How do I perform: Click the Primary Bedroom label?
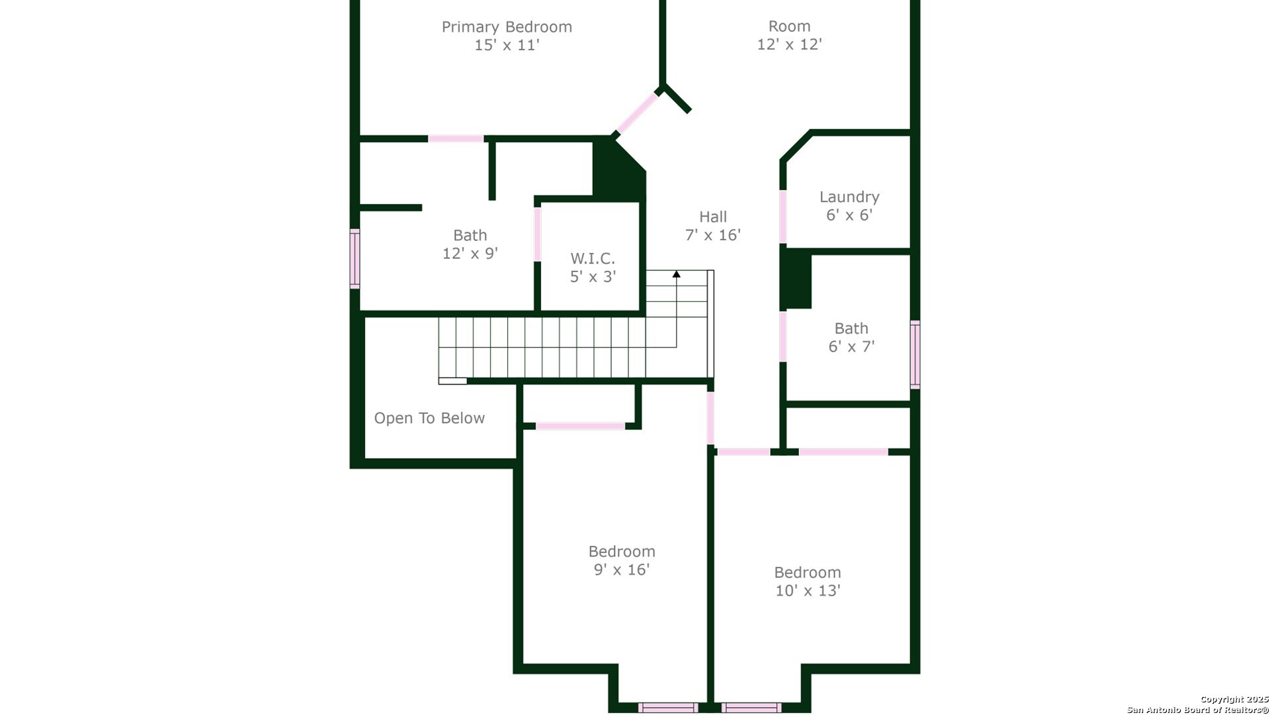[507, 27]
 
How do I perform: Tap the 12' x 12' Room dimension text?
[789, 44]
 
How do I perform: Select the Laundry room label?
[849, 197]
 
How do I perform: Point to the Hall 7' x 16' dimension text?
[713, 235]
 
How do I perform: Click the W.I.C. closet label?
[593, 258]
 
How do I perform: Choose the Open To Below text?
[429, 418]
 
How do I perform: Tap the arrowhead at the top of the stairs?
[676, 273]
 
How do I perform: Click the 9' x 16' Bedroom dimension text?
[622, 570]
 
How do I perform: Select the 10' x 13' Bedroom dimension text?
[808, 591]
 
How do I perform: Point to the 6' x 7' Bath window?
[915, 355]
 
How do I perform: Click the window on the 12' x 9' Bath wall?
[355, 259]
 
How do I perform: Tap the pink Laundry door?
[783, 217]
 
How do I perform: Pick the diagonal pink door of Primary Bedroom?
[637, 113]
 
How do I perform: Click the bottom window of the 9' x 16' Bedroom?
[668, 708]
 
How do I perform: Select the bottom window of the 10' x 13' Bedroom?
[751, 708]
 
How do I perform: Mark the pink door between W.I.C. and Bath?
[538, 234]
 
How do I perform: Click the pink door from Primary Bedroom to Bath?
[456, 138]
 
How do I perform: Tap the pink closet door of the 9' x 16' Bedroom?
[580, 426]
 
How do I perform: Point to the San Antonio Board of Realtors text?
[1198, 710]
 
